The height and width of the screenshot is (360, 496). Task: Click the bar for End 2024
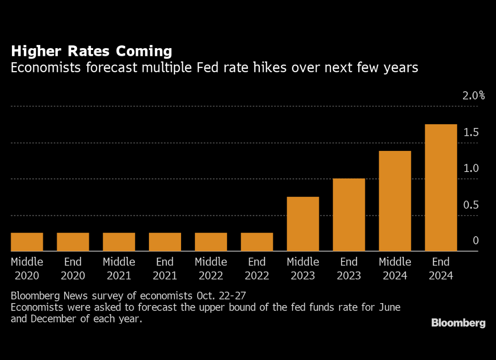(441, 188)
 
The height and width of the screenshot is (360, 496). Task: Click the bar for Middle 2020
(27, 242)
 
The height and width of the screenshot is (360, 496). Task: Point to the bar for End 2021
(165, 242)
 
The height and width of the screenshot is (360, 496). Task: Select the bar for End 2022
(257, 242)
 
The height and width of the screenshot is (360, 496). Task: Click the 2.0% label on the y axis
(474, 96)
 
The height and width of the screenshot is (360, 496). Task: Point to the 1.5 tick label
(471, 133)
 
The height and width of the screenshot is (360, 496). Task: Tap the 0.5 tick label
(471, 205)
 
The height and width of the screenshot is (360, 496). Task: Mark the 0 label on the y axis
(476, 241)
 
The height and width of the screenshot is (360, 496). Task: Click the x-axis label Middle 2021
(119, 269)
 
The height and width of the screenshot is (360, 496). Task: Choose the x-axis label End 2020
(73, 269)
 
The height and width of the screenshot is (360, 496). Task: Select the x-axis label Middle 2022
(211, 269)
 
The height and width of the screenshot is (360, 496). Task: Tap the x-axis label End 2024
(441, 269)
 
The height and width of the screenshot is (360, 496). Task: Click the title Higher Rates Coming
(92, 51)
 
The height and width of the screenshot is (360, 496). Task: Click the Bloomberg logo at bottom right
(458, 323)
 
